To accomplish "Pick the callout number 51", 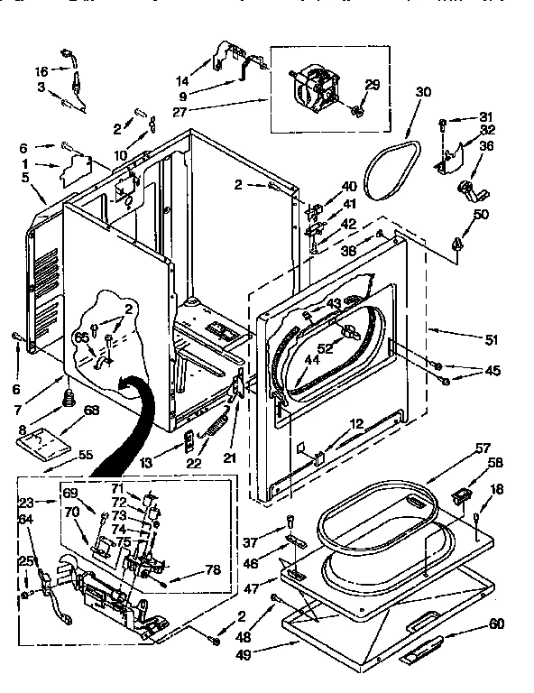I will pyautogui.click(x=492, y=341).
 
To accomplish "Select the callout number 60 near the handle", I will pyautogui.click(x=496, y=624).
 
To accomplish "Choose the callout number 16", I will pyautogui.click(x=41, y=70).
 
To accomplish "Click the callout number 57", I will pyautogui.click(x=483, y=448).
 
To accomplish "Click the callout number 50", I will pyautogui.click(x=480, y=214).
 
